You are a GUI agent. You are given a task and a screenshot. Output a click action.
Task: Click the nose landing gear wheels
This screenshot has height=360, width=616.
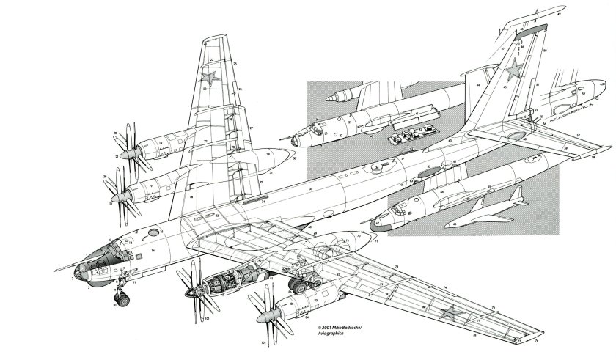point(123,298)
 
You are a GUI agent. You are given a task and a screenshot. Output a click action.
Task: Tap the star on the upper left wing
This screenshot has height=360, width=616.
point(210,77)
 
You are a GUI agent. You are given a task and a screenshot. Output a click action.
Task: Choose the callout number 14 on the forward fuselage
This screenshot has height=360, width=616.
point(153,251)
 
